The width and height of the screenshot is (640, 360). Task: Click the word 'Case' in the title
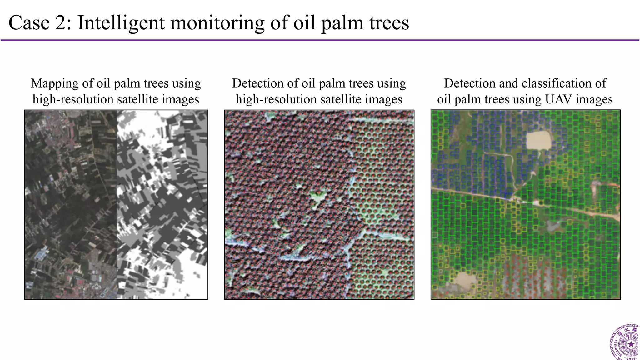pyautogui.click(x=29, y=23)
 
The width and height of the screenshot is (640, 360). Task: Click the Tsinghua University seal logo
pyautogui.click(x=625, y=343)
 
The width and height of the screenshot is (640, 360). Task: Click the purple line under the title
pyautogui.click(x=320, y=40)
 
